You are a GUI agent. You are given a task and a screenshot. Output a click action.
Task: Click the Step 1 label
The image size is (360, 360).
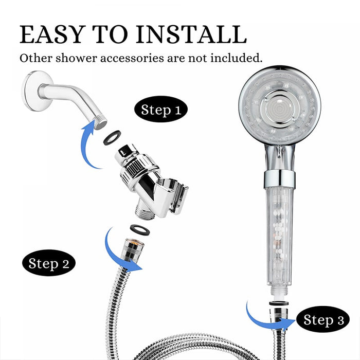click(x=161, y=109)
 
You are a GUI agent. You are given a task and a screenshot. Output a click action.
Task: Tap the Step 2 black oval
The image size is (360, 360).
click(x=49, y=263)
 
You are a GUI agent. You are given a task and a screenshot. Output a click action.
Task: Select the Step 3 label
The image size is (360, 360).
click(x=323, y=319)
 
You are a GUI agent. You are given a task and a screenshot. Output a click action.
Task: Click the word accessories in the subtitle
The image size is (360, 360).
click(x=132, y=58)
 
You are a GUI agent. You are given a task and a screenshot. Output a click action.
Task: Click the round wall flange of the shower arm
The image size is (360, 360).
click(x=35, y=91)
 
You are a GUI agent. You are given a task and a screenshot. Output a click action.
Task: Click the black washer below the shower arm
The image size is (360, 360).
click(x=112, y=137)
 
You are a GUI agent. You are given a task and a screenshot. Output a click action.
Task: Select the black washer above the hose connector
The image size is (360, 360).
click(x=139, y=229)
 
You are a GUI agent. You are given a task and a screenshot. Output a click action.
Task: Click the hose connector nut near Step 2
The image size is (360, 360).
click(x=133, y=249)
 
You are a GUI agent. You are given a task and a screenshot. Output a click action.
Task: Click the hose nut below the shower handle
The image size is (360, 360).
click(x=279, y=315)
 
